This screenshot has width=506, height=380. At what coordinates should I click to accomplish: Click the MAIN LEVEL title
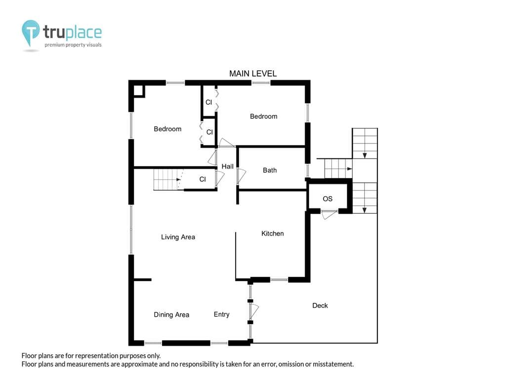coord(253,74)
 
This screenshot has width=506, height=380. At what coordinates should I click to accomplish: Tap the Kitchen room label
coord(272,234)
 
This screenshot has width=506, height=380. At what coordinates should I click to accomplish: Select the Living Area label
coord(178,237)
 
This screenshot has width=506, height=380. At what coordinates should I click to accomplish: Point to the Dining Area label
coord(171,315)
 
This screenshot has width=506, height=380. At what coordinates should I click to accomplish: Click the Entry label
coord(221,314)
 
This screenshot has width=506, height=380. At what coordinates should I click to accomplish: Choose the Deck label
coord(320,305)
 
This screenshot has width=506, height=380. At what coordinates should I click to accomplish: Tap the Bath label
coord(269,170)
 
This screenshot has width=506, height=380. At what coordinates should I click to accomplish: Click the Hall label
coord(227,166)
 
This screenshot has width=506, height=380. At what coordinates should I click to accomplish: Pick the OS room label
coord(327,199)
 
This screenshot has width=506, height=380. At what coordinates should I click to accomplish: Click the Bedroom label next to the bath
coord(263,116)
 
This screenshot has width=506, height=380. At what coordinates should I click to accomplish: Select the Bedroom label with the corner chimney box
coord(168,129)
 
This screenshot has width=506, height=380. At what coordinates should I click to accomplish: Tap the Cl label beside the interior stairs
coord(202,179)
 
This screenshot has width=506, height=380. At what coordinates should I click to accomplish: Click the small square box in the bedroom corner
coord(138,91)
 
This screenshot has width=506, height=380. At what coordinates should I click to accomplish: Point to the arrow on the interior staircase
coord(178,179)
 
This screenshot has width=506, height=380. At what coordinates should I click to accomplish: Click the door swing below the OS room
coord(329,214)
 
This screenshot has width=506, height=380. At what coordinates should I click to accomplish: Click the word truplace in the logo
coord(72,32)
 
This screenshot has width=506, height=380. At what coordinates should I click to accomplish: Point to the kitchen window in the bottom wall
coord(279,280)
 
